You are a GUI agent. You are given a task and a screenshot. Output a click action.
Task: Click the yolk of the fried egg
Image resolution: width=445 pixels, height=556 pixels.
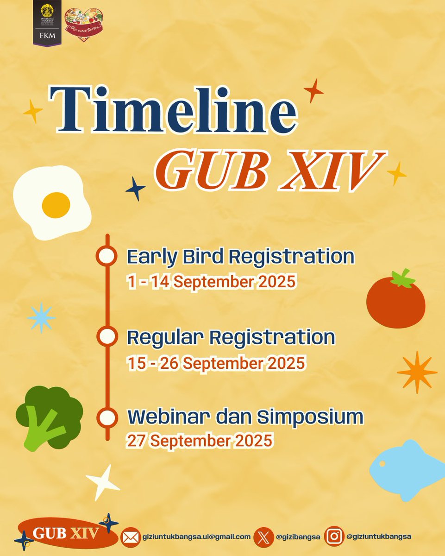(56, 205)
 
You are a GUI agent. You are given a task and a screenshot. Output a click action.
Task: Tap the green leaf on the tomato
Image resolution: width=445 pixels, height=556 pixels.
(402, 278)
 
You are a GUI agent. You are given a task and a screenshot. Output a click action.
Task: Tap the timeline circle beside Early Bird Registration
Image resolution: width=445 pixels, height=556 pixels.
(107, 256)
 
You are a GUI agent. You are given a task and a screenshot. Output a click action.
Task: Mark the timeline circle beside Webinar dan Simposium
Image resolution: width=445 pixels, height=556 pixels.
(107, 417)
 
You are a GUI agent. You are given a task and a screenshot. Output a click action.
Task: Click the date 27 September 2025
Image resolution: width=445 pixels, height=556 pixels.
(199, 440)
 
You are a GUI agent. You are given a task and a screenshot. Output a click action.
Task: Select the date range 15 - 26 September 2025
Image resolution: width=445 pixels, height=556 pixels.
(216, 363)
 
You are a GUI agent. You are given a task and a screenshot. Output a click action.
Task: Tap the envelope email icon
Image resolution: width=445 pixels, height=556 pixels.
(131, 537)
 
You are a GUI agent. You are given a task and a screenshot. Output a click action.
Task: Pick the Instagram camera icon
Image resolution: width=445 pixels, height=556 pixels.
(334, 537)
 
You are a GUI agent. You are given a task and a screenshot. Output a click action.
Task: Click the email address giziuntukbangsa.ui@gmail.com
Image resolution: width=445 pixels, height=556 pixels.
(197, 537)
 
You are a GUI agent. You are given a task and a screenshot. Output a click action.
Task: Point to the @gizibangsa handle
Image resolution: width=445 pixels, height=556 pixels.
(298, 537)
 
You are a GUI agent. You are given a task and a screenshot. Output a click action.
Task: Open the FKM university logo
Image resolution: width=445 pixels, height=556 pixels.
(47, 23)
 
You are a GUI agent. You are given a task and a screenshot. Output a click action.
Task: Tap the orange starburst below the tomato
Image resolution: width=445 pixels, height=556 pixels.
(416, 372)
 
